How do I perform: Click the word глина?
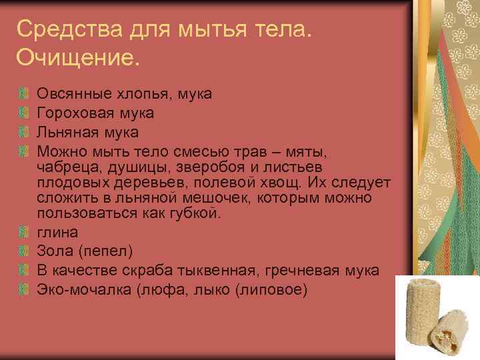tap(57, 232)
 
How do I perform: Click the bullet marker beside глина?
tap(24, 232)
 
